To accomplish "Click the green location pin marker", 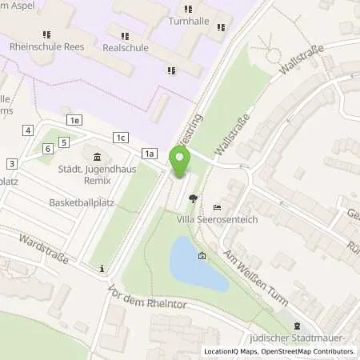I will click(180, 163).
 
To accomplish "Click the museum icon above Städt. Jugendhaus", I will click(98, 156).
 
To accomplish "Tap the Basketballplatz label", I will click(82, 202).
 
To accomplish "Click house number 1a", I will click(150, 153).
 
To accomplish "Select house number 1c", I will click(121, 137).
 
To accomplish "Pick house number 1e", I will click(75, 120).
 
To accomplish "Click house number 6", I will click(48, 148).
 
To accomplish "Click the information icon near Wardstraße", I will click(102, 268).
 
